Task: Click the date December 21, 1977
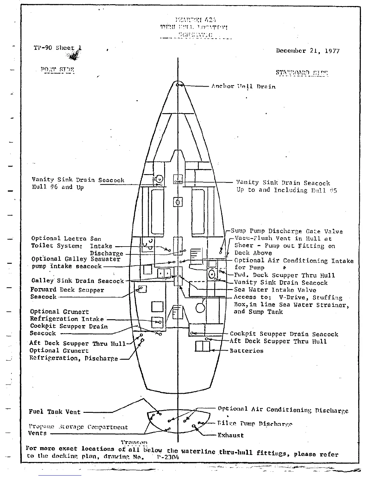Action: pos(307,51)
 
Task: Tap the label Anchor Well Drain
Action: pos(243,87)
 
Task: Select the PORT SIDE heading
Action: pos(57,70)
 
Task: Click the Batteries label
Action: pos(246,351)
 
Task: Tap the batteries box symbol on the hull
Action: pos(203,346)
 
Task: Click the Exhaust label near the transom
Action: pos(231,435)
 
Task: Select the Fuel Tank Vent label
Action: pos(55,412)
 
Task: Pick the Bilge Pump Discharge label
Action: pos(255,424)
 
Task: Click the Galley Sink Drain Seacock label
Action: pos(78,281)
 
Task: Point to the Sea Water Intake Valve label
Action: pos(275,290)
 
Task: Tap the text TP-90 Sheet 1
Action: pos(57,48)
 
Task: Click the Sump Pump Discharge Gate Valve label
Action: pos(287,231)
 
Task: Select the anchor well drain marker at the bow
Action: pos(178,85)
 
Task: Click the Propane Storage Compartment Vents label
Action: pos(78,430)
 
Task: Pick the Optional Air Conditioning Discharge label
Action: pos(283,410)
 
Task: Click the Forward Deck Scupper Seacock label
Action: pos(67,293)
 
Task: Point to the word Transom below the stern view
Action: pos(134,443)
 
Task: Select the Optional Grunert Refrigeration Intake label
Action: pos(67,315)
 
